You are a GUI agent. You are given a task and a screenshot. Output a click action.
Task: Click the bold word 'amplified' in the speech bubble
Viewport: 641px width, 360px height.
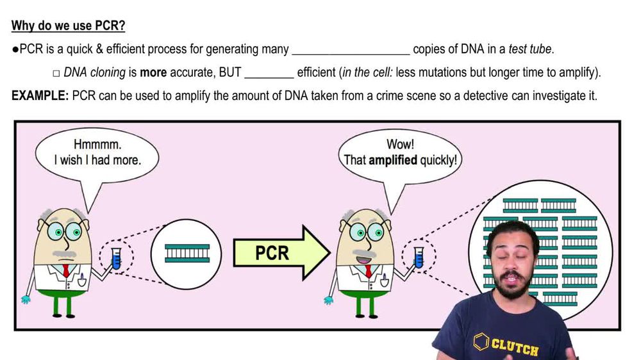click(393, 160)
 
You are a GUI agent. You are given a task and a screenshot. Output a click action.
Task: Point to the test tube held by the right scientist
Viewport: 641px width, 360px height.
click(419, 257)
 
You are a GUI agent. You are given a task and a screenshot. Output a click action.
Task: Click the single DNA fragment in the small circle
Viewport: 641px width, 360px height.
click(187, 253)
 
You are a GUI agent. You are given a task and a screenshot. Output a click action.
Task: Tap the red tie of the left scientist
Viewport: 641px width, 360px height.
click(66, 270)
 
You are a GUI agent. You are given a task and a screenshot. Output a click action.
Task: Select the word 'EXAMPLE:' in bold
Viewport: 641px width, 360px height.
click(40, 96)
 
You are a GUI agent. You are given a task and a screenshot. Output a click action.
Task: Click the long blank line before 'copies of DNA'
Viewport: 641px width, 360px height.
click(351, 50)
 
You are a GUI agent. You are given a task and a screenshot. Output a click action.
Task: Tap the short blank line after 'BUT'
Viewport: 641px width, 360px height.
click(269, 73)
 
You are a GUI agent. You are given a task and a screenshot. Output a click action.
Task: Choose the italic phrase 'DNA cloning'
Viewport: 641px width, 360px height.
click(94, 73)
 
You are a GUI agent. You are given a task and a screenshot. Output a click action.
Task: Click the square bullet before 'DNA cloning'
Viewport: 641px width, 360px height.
click(56, 73)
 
